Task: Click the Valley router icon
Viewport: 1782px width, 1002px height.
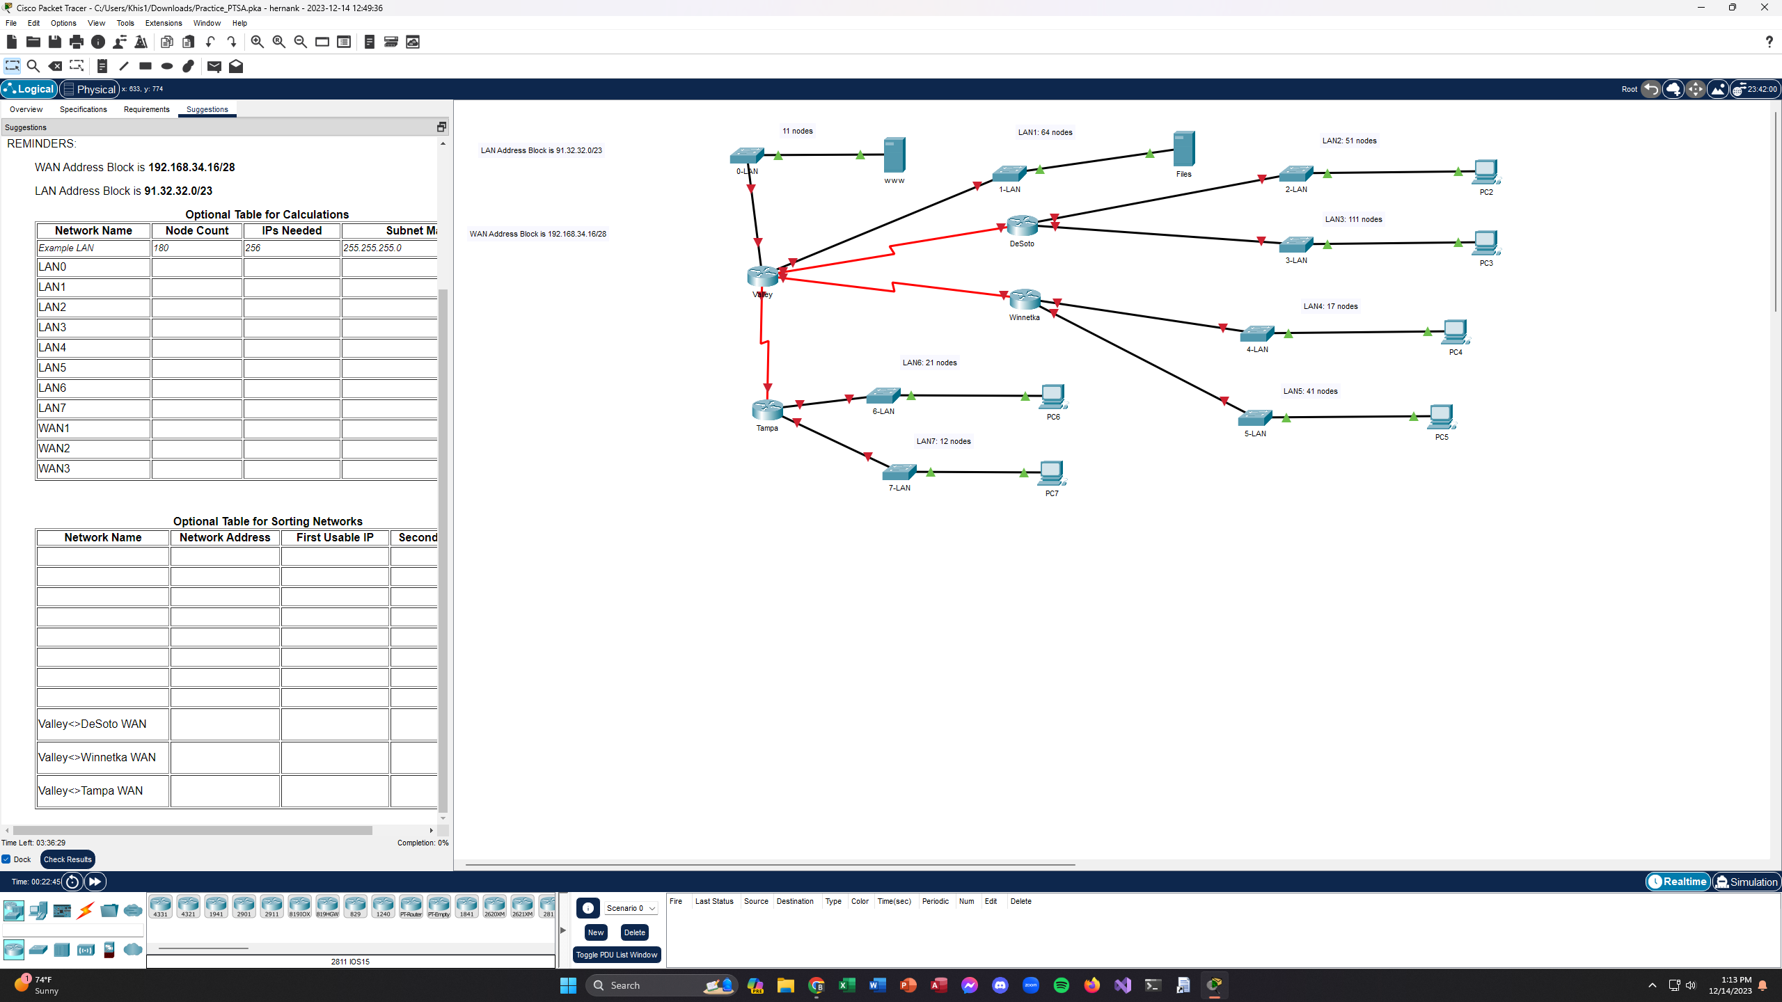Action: click(762, 276)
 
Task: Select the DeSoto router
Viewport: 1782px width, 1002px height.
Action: click(1022, 225)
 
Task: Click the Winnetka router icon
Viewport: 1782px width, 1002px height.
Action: click(1025, 299)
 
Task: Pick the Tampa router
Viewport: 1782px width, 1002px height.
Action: click(767, 409)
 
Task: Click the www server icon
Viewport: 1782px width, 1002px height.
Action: click(894, 154)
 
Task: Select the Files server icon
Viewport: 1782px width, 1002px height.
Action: click(1183, 149)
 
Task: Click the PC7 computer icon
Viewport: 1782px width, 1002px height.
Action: click(1051, 473)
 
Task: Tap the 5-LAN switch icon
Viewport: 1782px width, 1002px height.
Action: click(1255, 417)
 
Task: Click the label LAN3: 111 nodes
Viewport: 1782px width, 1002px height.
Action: click(1353, 219)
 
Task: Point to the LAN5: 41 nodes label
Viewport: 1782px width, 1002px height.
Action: click(1310, 391)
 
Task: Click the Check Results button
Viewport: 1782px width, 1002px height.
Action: click(68, 859)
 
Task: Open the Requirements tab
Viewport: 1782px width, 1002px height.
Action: click(146, 109)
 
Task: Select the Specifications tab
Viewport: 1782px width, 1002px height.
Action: click(83, 109)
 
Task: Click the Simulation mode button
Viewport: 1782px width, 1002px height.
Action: click(1746, 882)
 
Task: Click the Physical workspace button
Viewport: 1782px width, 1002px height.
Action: click(90, 89)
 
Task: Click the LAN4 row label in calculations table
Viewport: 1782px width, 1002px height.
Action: click(52, 347)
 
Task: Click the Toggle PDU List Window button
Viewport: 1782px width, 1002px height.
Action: click(616, 955)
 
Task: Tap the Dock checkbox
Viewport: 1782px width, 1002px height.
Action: click(6, 859)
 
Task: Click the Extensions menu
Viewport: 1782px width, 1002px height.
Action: click(163, 23)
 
